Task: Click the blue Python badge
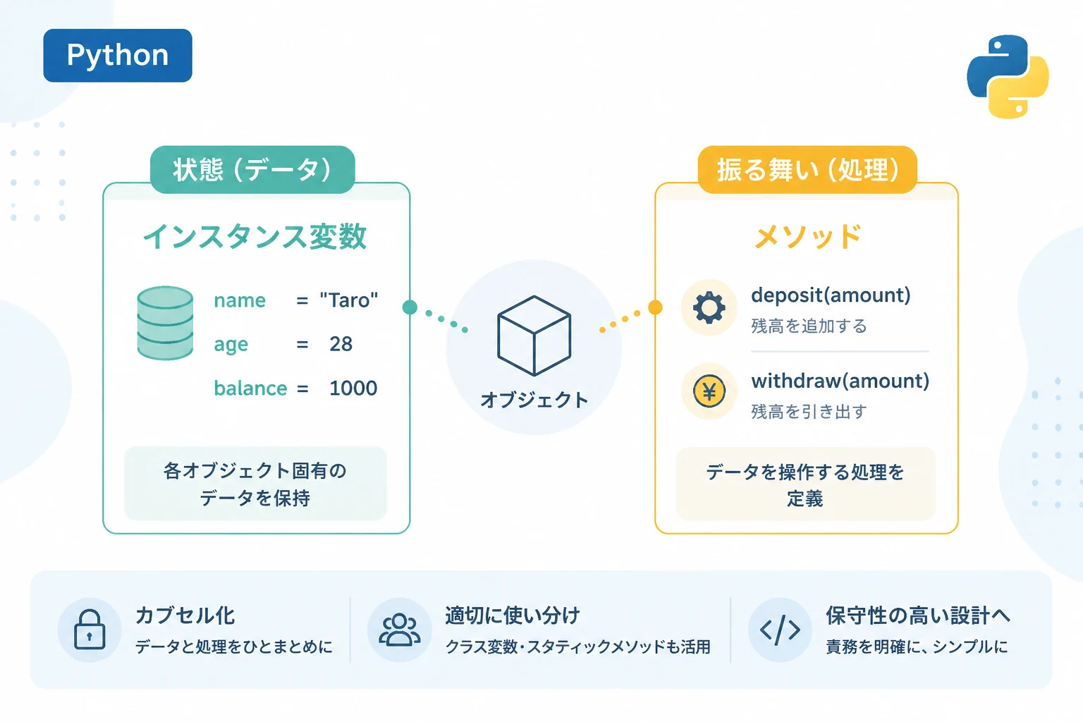pos(118,55)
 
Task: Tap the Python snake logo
pos(1008,76)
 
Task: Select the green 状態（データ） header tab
pos(252,170)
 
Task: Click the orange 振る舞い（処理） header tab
pos(807,170)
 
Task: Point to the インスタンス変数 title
pos(255,236)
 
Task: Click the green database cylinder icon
pos(166,322)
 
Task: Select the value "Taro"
pos(348,300)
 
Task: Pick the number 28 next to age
pos(341,344)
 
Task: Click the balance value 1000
pos(353,388)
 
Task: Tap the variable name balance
pos(250,388)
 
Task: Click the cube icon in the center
pos(534,336)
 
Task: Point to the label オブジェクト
pos(534,400)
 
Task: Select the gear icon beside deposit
pos(709,307)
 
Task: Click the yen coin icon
pos(709,391)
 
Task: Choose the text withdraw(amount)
pos(840,381)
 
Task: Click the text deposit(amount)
pos(831,295)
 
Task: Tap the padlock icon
pos(90,630)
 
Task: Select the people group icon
pos(399,630)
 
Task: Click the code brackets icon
pos(780,630)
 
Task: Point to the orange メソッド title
pos(807,236)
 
